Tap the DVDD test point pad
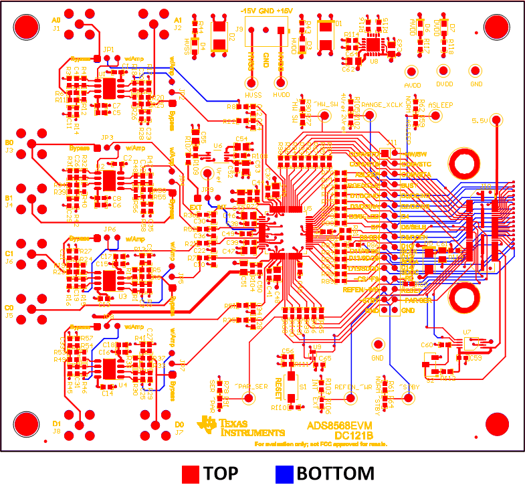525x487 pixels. (441, 71)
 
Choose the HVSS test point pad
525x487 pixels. (252, 84)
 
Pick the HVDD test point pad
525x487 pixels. (281, 84)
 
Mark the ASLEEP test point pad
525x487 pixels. (435, 115)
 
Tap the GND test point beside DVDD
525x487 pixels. (476, 71)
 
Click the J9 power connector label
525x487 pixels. (239, 29)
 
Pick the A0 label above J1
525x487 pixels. (56, 21)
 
